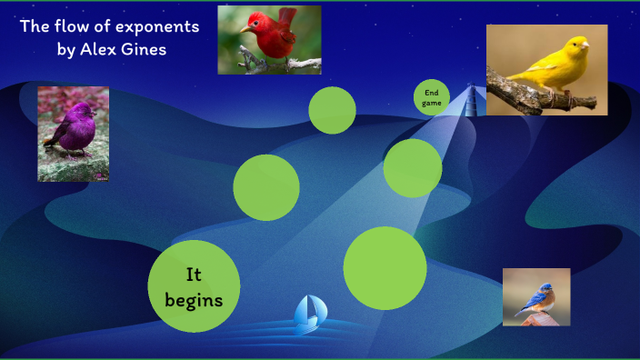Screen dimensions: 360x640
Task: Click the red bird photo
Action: pos(269,39)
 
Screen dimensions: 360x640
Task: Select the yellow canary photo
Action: pos(546,69)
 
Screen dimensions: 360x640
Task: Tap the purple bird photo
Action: pos(73,134)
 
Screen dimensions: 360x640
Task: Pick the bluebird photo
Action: pos(536,296)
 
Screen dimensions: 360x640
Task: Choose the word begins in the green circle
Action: pos(194,297)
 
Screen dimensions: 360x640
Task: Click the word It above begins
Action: pos(194,274)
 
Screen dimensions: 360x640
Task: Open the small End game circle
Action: pos(432,97)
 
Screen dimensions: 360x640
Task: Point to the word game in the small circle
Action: pos(432,103)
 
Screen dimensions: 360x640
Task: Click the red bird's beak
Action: pos(245,29)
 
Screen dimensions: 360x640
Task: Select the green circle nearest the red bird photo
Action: pos(332,110)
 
